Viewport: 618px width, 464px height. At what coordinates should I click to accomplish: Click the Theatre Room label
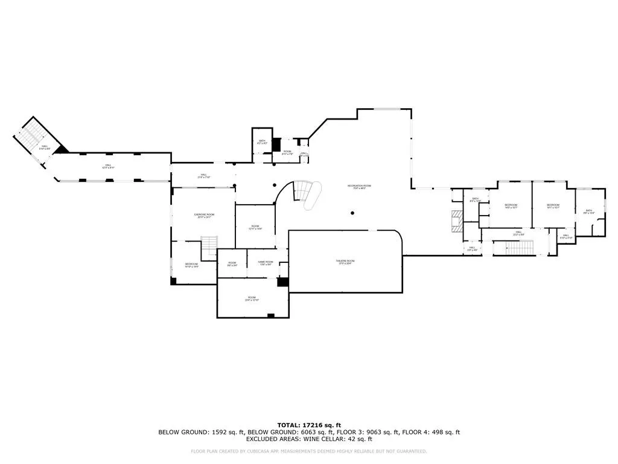pyautogui.click(x=345, y=262)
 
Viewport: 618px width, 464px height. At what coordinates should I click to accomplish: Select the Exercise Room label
pyautogui.click(x=204, y=216)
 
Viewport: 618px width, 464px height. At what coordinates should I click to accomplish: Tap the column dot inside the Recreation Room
pyautogui.click(x=352, y=212)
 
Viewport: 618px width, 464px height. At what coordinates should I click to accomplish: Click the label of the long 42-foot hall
pyautogui.click(x=109, y=166)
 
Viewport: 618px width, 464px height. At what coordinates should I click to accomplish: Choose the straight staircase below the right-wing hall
pyautogui.click(x=514, y=248)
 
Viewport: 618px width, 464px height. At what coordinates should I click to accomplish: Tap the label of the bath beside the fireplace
pyautogui.click(x=476, y=200)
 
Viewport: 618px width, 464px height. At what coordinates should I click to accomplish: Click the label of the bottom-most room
pyautogui.click(x=252, y=298)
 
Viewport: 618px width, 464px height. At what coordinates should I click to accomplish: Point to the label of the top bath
pyautogui.click(x=263, y=142)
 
